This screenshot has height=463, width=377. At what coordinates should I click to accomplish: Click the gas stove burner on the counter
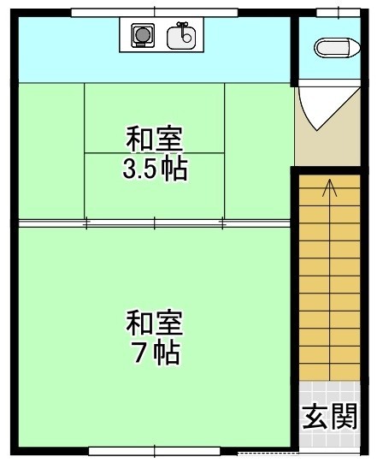click(143, 35)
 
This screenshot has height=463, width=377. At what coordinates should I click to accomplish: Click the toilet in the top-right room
click(337, 48)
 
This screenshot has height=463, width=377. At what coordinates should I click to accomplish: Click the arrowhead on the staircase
click(329, 187)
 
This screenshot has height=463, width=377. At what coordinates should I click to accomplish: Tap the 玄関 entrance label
click(329, 417)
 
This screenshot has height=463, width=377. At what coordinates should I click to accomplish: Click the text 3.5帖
click(156, 169)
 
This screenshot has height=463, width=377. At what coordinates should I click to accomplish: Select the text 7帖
click(156, 353)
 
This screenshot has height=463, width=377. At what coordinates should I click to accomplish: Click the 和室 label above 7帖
click(155, 323)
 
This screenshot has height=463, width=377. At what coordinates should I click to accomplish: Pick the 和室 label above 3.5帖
click(155, 139)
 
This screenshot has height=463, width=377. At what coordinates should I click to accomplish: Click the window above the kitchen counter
click(155, 13)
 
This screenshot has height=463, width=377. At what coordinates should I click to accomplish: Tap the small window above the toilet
click(339, 13)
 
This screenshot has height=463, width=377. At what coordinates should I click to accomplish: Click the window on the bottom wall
click(155, 451)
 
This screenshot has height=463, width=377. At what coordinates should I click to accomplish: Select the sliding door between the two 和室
click(155, 223)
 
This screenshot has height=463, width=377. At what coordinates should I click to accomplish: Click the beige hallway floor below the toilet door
click(327, 148)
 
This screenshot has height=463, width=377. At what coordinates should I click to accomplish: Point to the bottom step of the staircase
click(329, 372)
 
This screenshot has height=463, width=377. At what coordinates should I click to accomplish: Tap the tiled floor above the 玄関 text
click(329, 392)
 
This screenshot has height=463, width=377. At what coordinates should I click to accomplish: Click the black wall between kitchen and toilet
click(294, 52)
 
